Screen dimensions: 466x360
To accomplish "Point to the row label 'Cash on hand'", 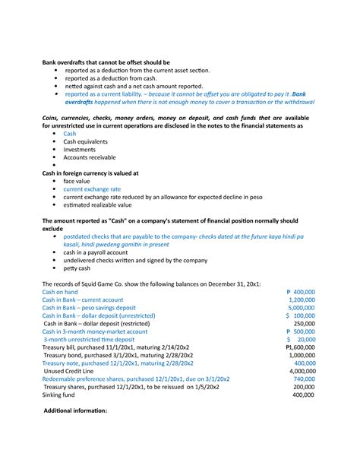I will pos(61,291).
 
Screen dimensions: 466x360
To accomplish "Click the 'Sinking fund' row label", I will pos(60,395).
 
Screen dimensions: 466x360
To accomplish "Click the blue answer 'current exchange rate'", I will pos(92,189).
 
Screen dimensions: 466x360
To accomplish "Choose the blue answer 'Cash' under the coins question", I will pos(70,133).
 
